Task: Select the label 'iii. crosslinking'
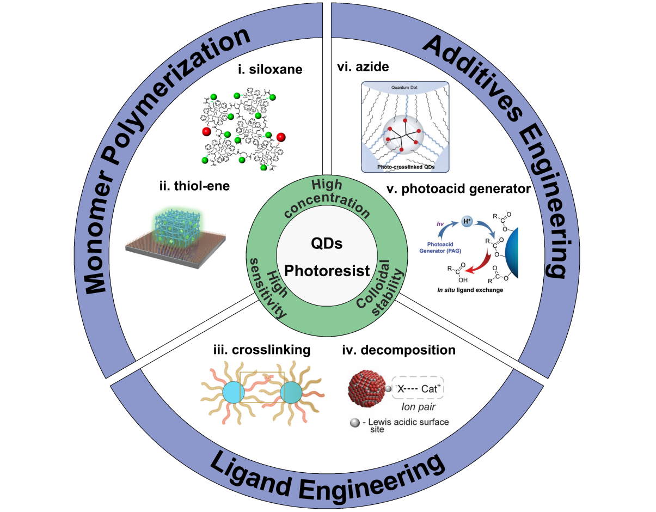262,350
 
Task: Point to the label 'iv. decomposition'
398,350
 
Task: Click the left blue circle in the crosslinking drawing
233,393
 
